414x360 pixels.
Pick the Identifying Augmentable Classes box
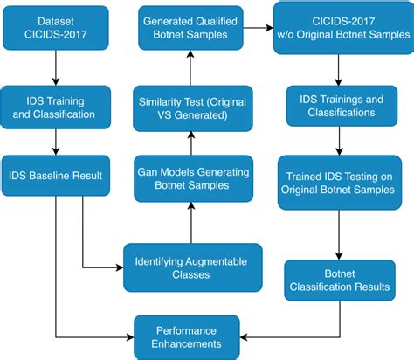click(191, 266)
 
